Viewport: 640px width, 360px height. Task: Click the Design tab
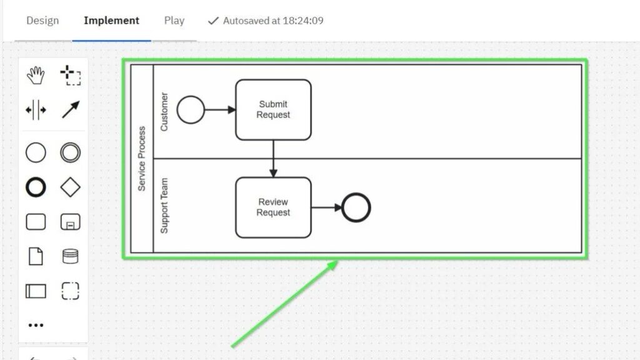[x=42, y=21]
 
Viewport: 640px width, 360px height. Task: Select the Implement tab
[x=111, y=21]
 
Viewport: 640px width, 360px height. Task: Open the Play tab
[x=174, y=21]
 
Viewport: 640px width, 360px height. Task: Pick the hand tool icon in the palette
[x=36, y=76]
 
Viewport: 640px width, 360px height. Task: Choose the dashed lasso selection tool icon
[x=71, y=76]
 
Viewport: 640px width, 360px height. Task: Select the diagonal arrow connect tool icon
[x=71, y=110]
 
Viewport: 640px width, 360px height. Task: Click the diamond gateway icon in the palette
[x=71, y=187]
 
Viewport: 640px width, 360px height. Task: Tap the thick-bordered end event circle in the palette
[x=36, y=187]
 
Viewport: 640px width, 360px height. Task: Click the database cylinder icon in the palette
[x=71, y=256]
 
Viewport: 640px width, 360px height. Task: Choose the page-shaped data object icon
[x=36, y=256]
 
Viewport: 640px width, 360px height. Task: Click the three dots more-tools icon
[x=36, y=326]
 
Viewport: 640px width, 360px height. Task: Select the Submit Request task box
[x=273, y=110]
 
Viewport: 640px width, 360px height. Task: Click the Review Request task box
[x=273, y=207]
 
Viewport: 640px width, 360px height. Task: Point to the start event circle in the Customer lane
[x=191, y=110]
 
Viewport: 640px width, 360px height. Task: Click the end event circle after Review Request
[x=357, y=207]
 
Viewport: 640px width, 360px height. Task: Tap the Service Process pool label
[x=142, y=159]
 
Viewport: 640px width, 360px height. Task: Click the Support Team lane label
[x=164, y=206]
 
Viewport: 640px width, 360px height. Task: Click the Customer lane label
[x=164, y=111]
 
